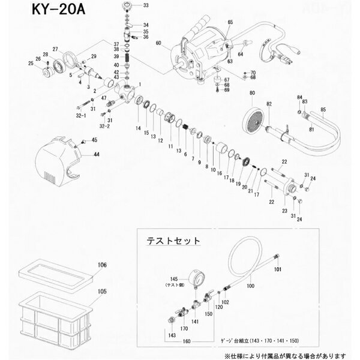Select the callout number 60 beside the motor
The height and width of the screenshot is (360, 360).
pos(159,43)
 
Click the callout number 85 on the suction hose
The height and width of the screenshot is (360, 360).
pos(323,109)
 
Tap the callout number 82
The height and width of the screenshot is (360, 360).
pos(269,104)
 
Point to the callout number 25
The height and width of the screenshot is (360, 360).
pos(31,63)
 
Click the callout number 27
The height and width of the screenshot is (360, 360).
pos(55,49)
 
